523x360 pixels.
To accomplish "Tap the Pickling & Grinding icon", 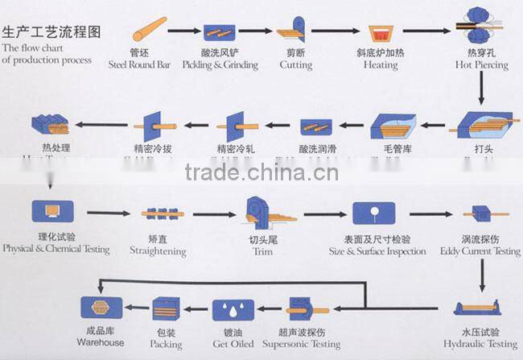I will (x=219, y=32).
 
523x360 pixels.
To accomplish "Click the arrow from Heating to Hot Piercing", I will (x=430, y=32).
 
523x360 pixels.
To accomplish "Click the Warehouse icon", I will (x=101, y=309).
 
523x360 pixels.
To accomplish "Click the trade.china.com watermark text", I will (x=261, y=172).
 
